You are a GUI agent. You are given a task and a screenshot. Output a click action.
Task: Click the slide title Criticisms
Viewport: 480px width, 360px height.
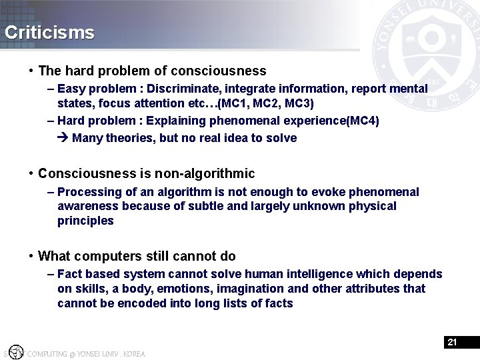49,33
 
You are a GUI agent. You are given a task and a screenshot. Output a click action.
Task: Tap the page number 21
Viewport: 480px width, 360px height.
452,342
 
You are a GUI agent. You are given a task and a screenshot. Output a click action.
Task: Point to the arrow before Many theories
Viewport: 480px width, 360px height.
63,138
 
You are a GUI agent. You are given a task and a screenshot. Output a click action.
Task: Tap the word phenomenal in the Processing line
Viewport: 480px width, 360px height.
387,192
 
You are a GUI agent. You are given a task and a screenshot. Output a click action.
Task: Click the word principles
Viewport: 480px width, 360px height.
85,221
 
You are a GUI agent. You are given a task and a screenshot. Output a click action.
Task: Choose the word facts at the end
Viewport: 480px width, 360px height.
277,303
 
